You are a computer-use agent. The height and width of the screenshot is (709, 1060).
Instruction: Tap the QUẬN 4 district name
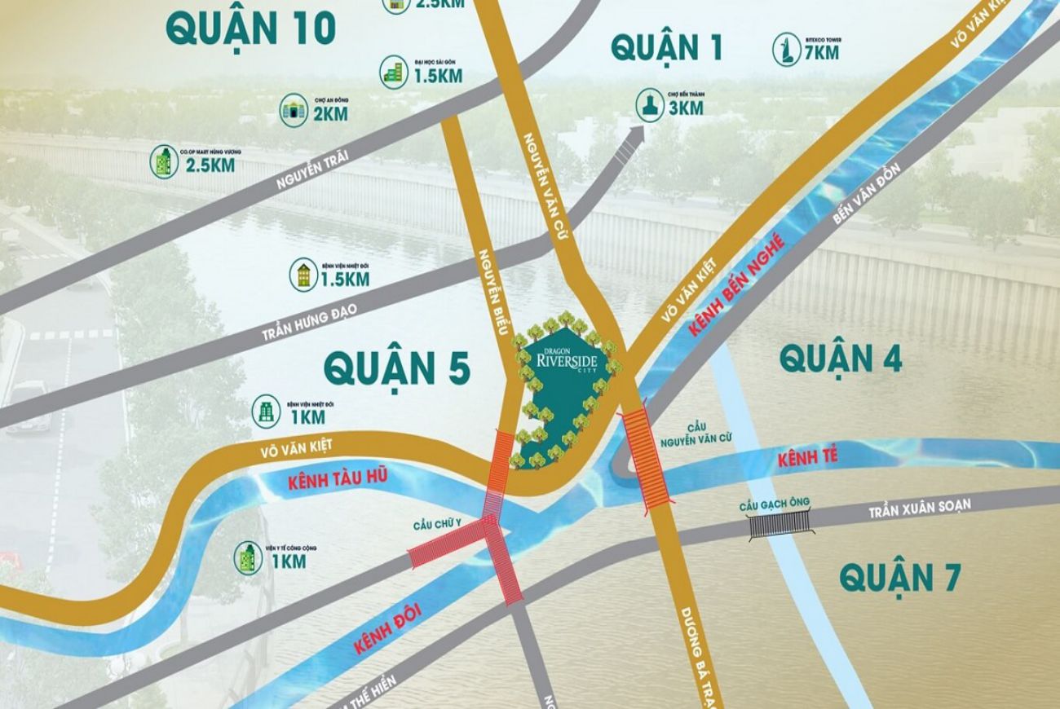[x=841, y=358]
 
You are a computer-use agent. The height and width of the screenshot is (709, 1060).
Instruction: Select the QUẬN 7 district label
[x=900, y=577]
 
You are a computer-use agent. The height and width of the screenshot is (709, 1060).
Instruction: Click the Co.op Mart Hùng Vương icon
[x=164, y=162]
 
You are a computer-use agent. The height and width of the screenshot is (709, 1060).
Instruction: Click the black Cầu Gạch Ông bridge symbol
[x=781, y=524]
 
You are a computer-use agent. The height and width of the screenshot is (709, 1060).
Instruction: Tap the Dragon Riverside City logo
[x=568, y=357]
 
